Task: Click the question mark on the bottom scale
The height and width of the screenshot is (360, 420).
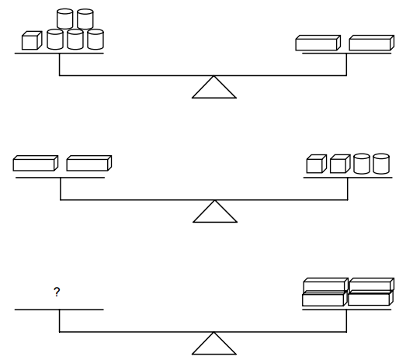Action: point(57,292)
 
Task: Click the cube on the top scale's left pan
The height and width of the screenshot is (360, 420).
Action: point(32,40)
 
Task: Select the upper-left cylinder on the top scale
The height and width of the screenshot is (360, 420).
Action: point(64,19)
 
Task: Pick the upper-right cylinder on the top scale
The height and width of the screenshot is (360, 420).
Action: point(85,19)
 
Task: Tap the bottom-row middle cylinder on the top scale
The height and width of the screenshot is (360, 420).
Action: point(75,40)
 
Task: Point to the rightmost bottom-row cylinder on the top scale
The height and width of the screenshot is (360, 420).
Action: point(95,40)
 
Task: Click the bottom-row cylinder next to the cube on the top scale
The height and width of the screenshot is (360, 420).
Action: point(55,40)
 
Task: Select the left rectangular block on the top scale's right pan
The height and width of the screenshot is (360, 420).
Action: point(318,43)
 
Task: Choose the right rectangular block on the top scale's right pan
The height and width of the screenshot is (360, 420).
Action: point(372,43)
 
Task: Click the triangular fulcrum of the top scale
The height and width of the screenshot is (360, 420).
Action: point(214,87)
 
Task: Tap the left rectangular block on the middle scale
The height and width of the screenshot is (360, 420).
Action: point(36,163)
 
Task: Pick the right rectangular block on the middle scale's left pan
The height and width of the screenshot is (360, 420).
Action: point(89,163)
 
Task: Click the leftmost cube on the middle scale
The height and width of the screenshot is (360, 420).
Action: point(317,164)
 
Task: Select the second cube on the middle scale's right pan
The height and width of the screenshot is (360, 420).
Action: point(340,164)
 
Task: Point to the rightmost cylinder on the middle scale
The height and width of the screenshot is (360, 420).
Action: point(381,164)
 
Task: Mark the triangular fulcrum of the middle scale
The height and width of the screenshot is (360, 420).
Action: point(215,211)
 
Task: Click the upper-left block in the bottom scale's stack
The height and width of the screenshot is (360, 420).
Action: point(326,285)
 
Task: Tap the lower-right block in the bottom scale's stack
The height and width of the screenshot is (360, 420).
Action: point(371,298)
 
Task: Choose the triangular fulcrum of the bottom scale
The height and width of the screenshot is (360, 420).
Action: point(214,344)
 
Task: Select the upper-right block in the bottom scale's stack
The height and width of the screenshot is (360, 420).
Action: point(372,285)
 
